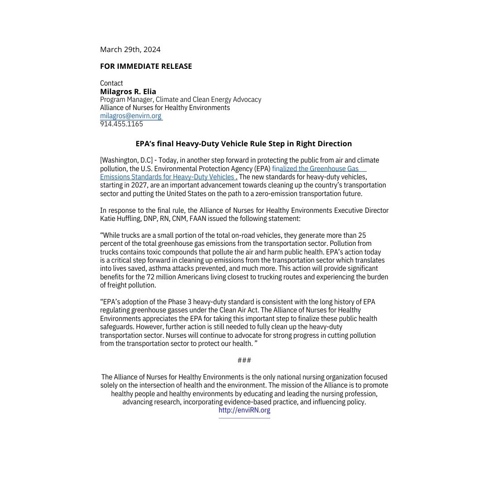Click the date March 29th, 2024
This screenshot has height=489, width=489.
tap(130, 49)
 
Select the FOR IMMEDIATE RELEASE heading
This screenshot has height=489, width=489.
tap(146, 66)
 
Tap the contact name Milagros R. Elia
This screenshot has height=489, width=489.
tap(128, 91)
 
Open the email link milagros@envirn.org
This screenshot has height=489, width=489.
tap(130, 116)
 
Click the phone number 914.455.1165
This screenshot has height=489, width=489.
tap(121, 124)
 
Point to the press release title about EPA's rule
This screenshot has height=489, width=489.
tap(244, 144)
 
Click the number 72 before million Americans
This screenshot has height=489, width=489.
tap(152, 277)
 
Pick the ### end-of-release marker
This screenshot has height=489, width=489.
tap(244, 360)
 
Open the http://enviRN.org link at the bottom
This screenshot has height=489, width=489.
tap(244, 410)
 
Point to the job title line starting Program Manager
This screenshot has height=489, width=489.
tap(180, 100)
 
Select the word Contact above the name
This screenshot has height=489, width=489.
tap(111, 83)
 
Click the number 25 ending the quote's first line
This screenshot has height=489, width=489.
tap(362, 235)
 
